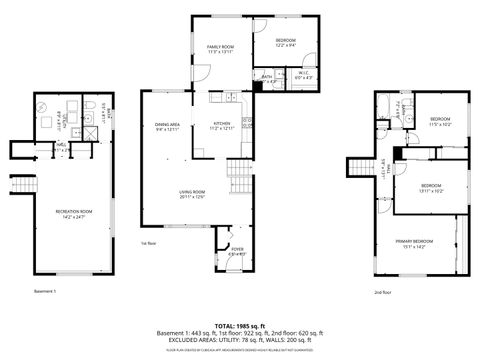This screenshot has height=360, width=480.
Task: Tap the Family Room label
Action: [220, 50]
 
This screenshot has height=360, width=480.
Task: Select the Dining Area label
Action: [167, 128]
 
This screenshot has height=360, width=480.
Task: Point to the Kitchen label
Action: [219, 128]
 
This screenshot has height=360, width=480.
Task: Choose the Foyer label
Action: [237, 251]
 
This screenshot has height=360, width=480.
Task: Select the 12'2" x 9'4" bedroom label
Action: [286, 42]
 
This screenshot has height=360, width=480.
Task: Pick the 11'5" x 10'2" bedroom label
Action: [441, 122]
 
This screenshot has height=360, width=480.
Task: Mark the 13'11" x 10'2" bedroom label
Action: [431, 188]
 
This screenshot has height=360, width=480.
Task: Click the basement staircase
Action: [17, 184]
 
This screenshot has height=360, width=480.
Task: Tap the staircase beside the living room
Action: [240, 180]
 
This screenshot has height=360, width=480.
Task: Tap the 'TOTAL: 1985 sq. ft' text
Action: [240, 326]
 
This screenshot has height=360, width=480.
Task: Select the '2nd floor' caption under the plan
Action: [382, 292]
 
